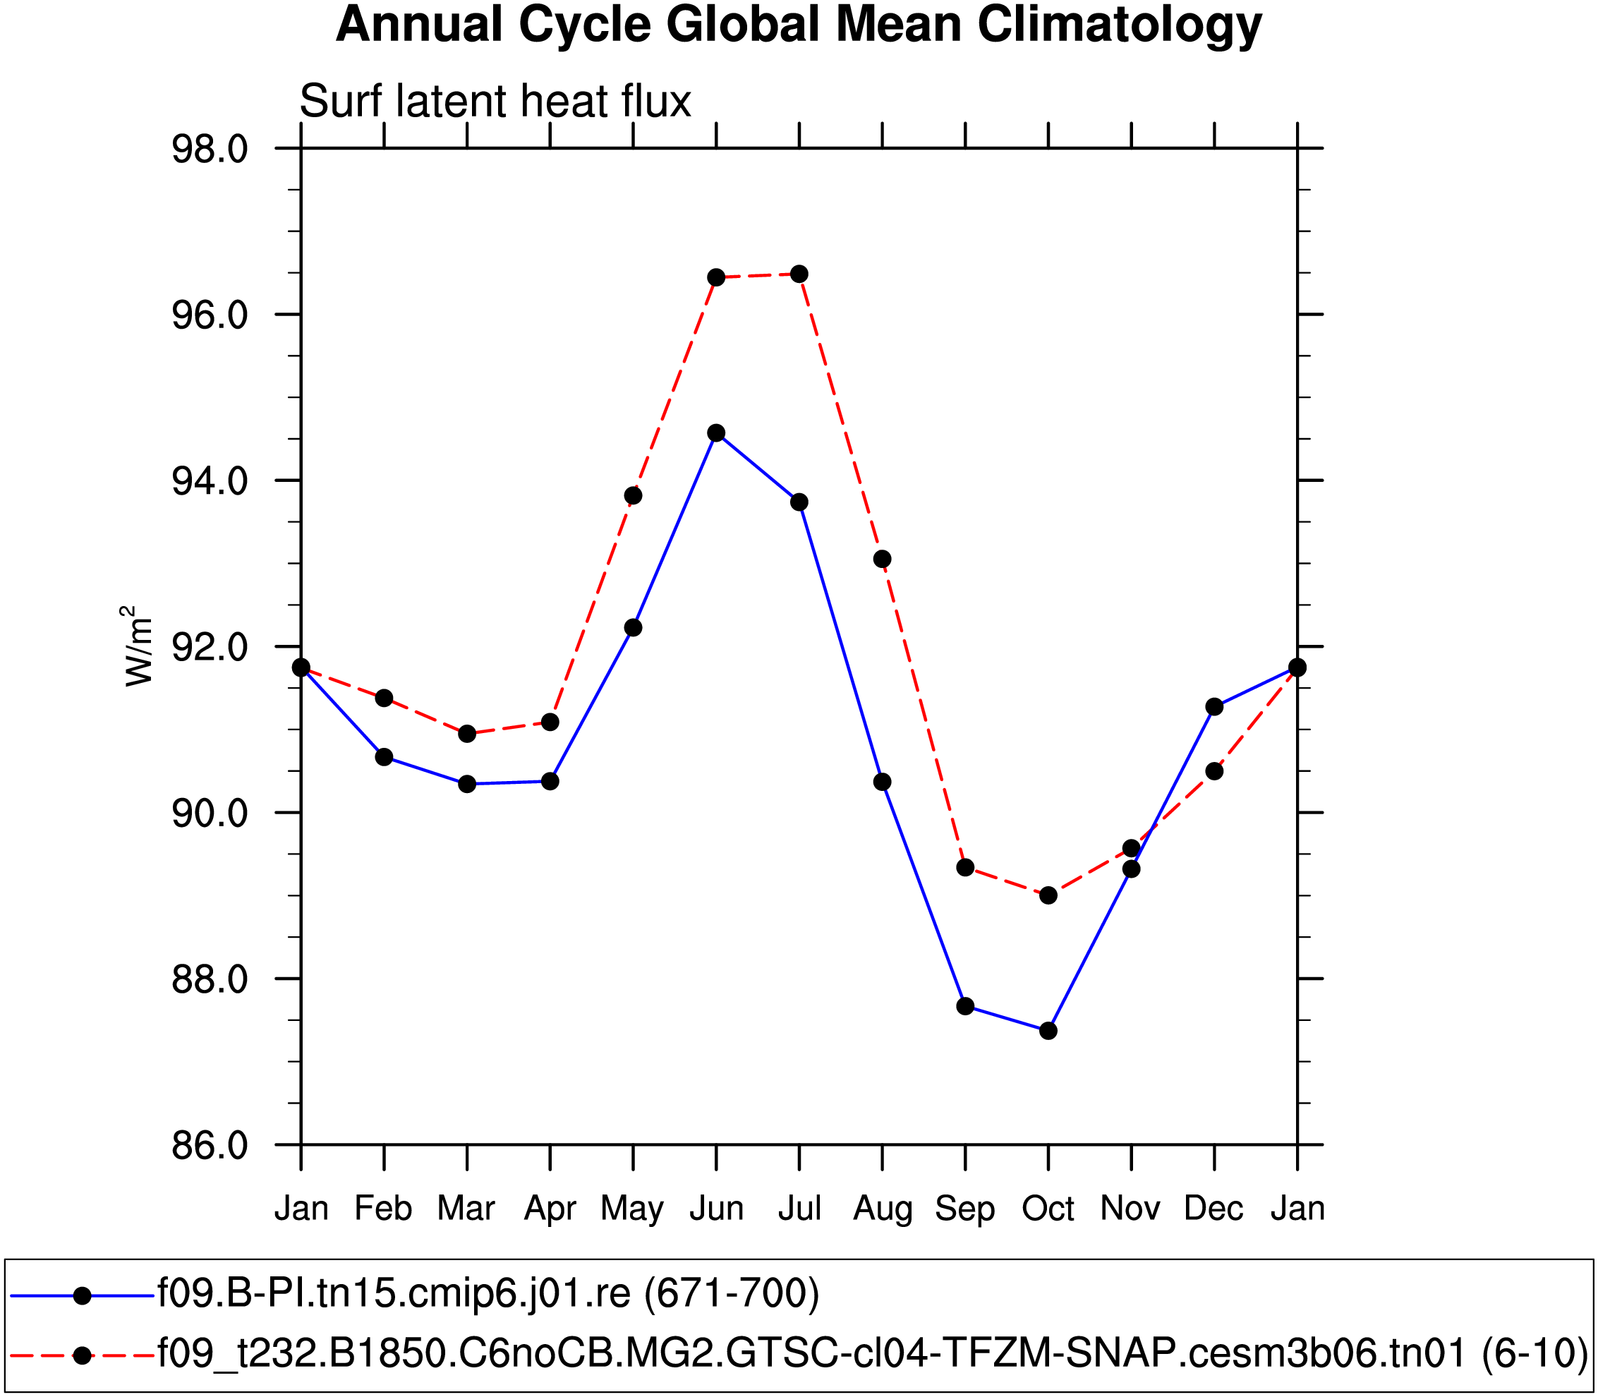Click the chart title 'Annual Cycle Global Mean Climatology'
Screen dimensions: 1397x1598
click(798, 25)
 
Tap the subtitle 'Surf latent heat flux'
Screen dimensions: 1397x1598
click(495, 102)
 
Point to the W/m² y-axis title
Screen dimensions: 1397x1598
click(138, 646)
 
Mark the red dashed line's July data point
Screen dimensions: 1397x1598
click(799, 274)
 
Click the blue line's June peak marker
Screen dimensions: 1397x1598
click(716, 433)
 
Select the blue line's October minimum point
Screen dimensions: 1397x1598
click(1048, 1031)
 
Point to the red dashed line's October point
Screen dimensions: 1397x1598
click(1048, 895)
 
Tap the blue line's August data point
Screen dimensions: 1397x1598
click(883, 782)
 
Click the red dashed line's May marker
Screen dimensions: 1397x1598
click(633, 496)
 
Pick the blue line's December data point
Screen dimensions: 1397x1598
click(1214, 707)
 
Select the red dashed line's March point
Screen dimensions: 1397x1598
click(467, 734)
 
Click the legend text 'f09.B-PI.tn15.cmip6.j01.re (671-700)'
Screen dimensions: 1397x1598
click(489, 1293)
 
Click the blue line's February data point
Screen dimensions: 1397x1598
click(384, 757)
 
